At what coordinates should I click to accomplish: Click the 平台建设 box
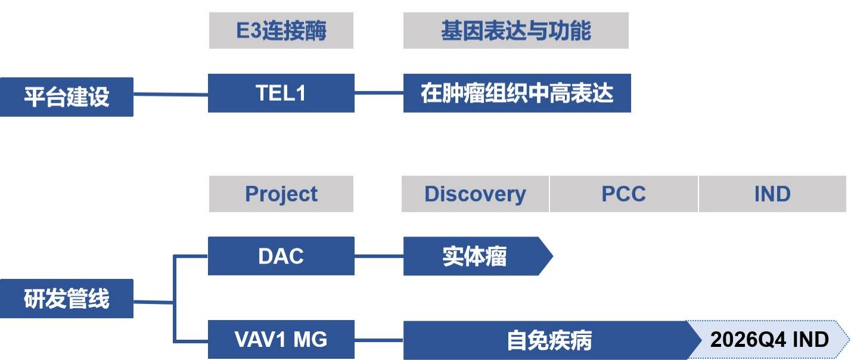coord(66,97)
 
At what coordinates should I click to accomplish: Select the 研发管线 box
coord(66,299)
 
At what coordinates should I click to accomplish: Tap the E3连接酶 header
coord(281,30)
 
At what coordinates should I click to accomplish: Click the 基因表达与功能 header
coord(515,30)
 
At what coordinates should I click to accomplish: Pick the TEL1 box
coord(281,93)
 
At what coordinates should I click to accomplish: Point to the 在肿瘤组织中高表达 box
coord(517,93)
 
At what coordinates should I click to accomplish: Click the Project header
coord(281,194)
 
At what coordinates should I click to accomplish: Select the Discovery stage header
coord(475,194)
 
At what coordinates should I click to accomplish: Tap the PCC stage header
coord(623,194)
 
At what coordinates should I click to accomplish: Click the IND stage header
coord(773,194)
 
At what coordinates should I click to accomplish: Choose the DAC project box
coord(281,256)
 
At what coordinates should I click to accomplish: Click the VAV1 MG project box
coord(281,340)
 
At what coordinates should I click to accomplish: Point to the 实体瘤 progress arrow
coord(474,256)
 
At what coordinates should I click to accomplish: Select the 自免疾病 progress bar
coord(548,340)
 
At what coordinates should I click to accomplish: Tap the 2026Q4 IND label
coord(769,340)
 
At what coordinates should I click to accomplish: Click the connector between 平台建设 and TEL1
coord(170,94)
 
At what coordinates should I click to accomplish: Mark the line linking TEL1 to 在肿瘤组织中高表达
coord(378,93)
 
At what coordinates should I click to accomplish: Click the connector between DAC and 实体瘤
coord(378,256)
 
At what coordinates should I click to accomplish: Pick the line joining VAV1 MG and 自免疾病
coord(378,340)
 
